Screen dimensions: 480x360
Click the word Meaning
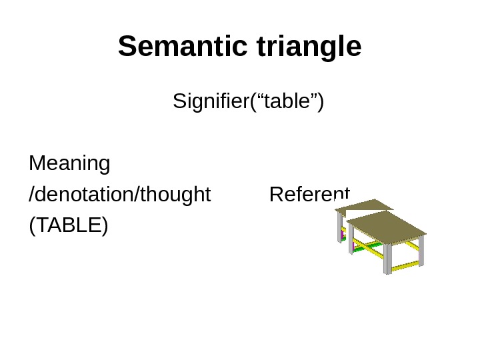point(70,163)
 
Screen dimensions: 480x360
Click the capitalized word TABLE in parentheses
point(68,225)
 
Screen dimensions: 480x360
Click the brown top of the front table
point(387,227)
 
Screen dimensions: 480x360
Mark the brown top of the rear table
point(363,205)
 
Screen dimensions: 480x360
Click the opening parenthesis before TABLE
point(32,226)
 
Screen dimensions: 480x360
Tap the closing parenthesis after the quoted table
point(321,102)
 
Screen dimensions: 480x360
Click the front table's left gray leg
point(351,239)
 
